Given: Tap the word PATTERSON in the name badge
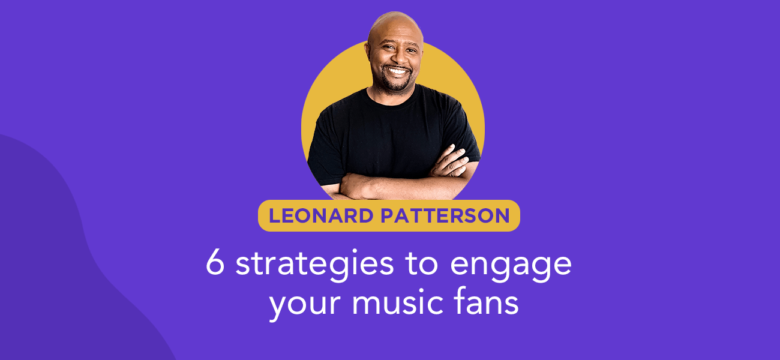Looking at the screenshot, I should pos(445,216).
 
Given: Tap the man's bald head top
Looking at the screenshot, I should pos(394,21).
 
